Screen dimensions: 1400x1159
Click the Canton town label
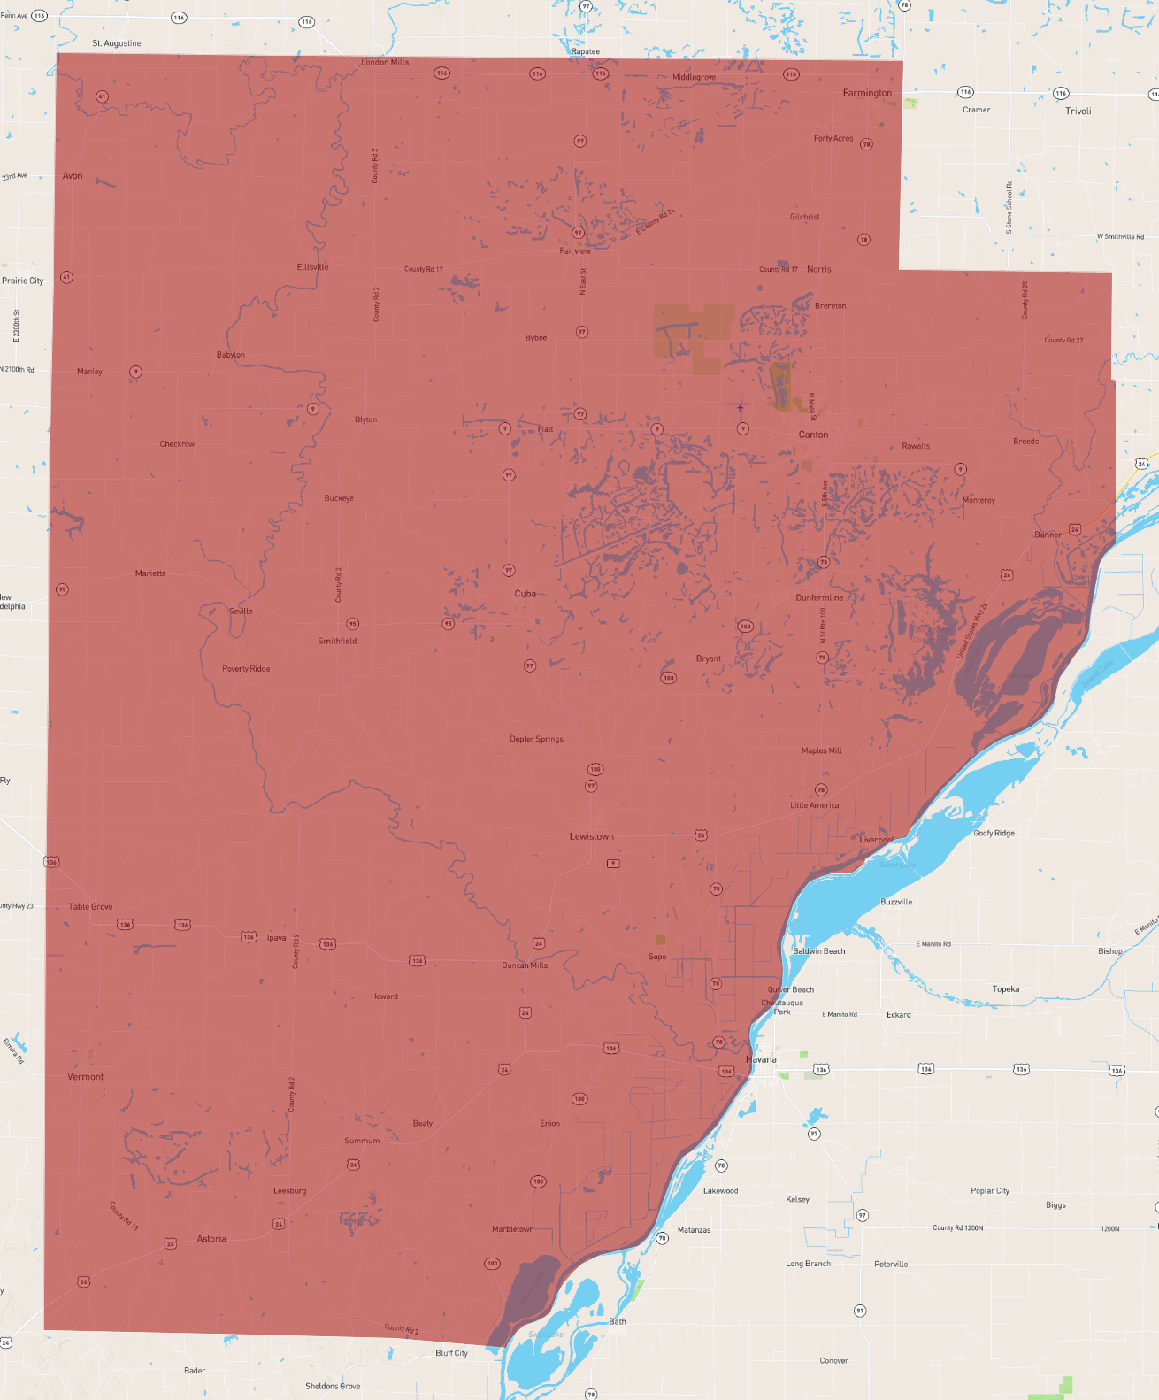pos(813,435)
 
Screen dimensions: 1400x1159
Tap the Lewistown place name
pos(591,836)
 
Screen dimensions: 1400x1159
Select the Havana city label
pos(761,1059)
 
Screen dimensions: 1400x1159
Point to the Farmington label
pos(867,93)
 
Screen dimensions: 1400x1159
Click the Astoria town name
pos(211,1239)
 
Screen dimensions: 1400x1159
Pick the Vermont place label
pos(86,1077)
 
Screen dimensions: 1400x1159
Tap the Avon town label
pos(73,176)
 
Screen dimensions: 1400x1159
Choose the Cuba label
pos(526,594)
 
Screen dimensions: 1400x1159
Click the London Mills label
pos(385,63)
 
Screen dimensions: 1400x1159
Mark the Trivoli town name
pos(1078,112)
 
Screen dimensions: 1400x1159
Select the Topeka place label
pos(1006,989)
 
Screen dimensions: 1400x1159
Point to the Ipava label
pos(277,938)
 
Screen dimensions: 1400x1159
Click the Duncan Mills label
pos(525,965)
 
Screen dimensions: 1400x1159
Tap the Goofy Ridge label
pos(994,834)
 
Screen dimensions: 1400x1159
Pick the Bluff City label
pos(451,1353)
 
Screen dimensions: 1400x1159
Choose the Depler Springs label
pos(536,739)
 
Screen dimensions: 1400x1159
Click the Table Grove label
pos(91,907)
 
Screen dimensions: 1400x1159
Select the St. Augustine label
pos(117,43)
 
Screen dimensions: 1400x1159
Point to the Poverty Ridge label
pos(246,669)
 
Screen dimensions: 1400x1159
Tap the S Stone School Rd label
pos(1009,207)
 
